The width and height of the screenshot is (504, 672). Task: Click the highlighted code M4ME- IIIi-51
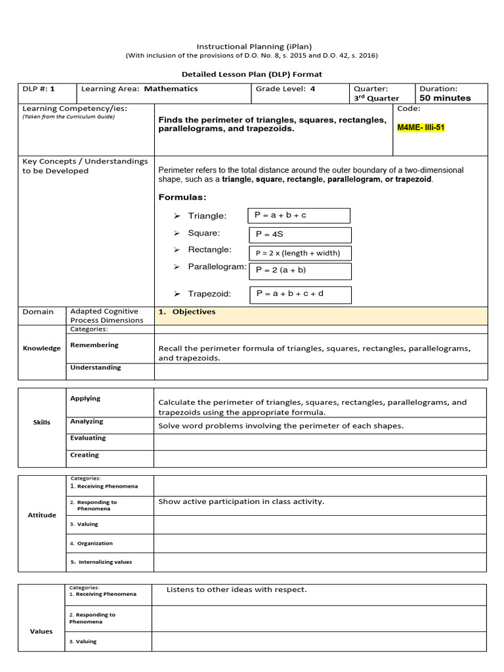[421, 127]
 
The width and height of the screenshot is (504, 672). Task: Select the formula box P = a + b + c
[299, 215]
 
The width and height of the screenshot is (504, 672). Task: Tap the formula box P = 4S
[301, 235]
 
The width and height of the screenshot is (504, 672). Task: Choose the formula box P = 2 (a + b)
[301, 270]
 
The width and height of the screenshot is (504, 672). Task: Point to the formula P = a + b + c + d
[301, 294]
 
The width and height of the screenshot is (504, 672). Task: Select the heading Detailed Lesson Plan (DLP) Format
[251, 74]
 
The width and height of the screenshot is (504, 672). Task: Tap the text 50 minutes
[445, 98]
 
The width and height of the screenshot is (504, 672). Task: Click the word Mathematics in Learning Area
[171, 89]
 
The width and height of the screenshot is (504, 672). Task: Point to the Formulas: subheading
[182, 198]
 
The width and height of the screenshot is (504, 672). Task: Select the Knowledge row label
[41, 348]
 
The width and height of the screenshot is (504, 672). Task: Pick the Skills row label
[41, 423]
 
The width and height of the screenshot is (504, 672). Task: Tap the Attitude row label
[41, 515]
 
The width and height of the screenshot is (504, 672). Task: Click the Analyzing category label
[87, 421]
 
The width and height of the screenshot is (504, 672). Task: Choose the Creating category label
[85, 455]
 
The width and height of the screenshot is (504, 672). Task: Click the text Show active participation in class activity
[241, 502]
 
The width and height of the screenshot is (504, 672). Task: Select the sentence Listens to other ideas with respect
[236, 589]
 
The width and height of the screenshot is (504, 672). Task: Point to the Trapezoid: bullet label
[209, 295]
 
